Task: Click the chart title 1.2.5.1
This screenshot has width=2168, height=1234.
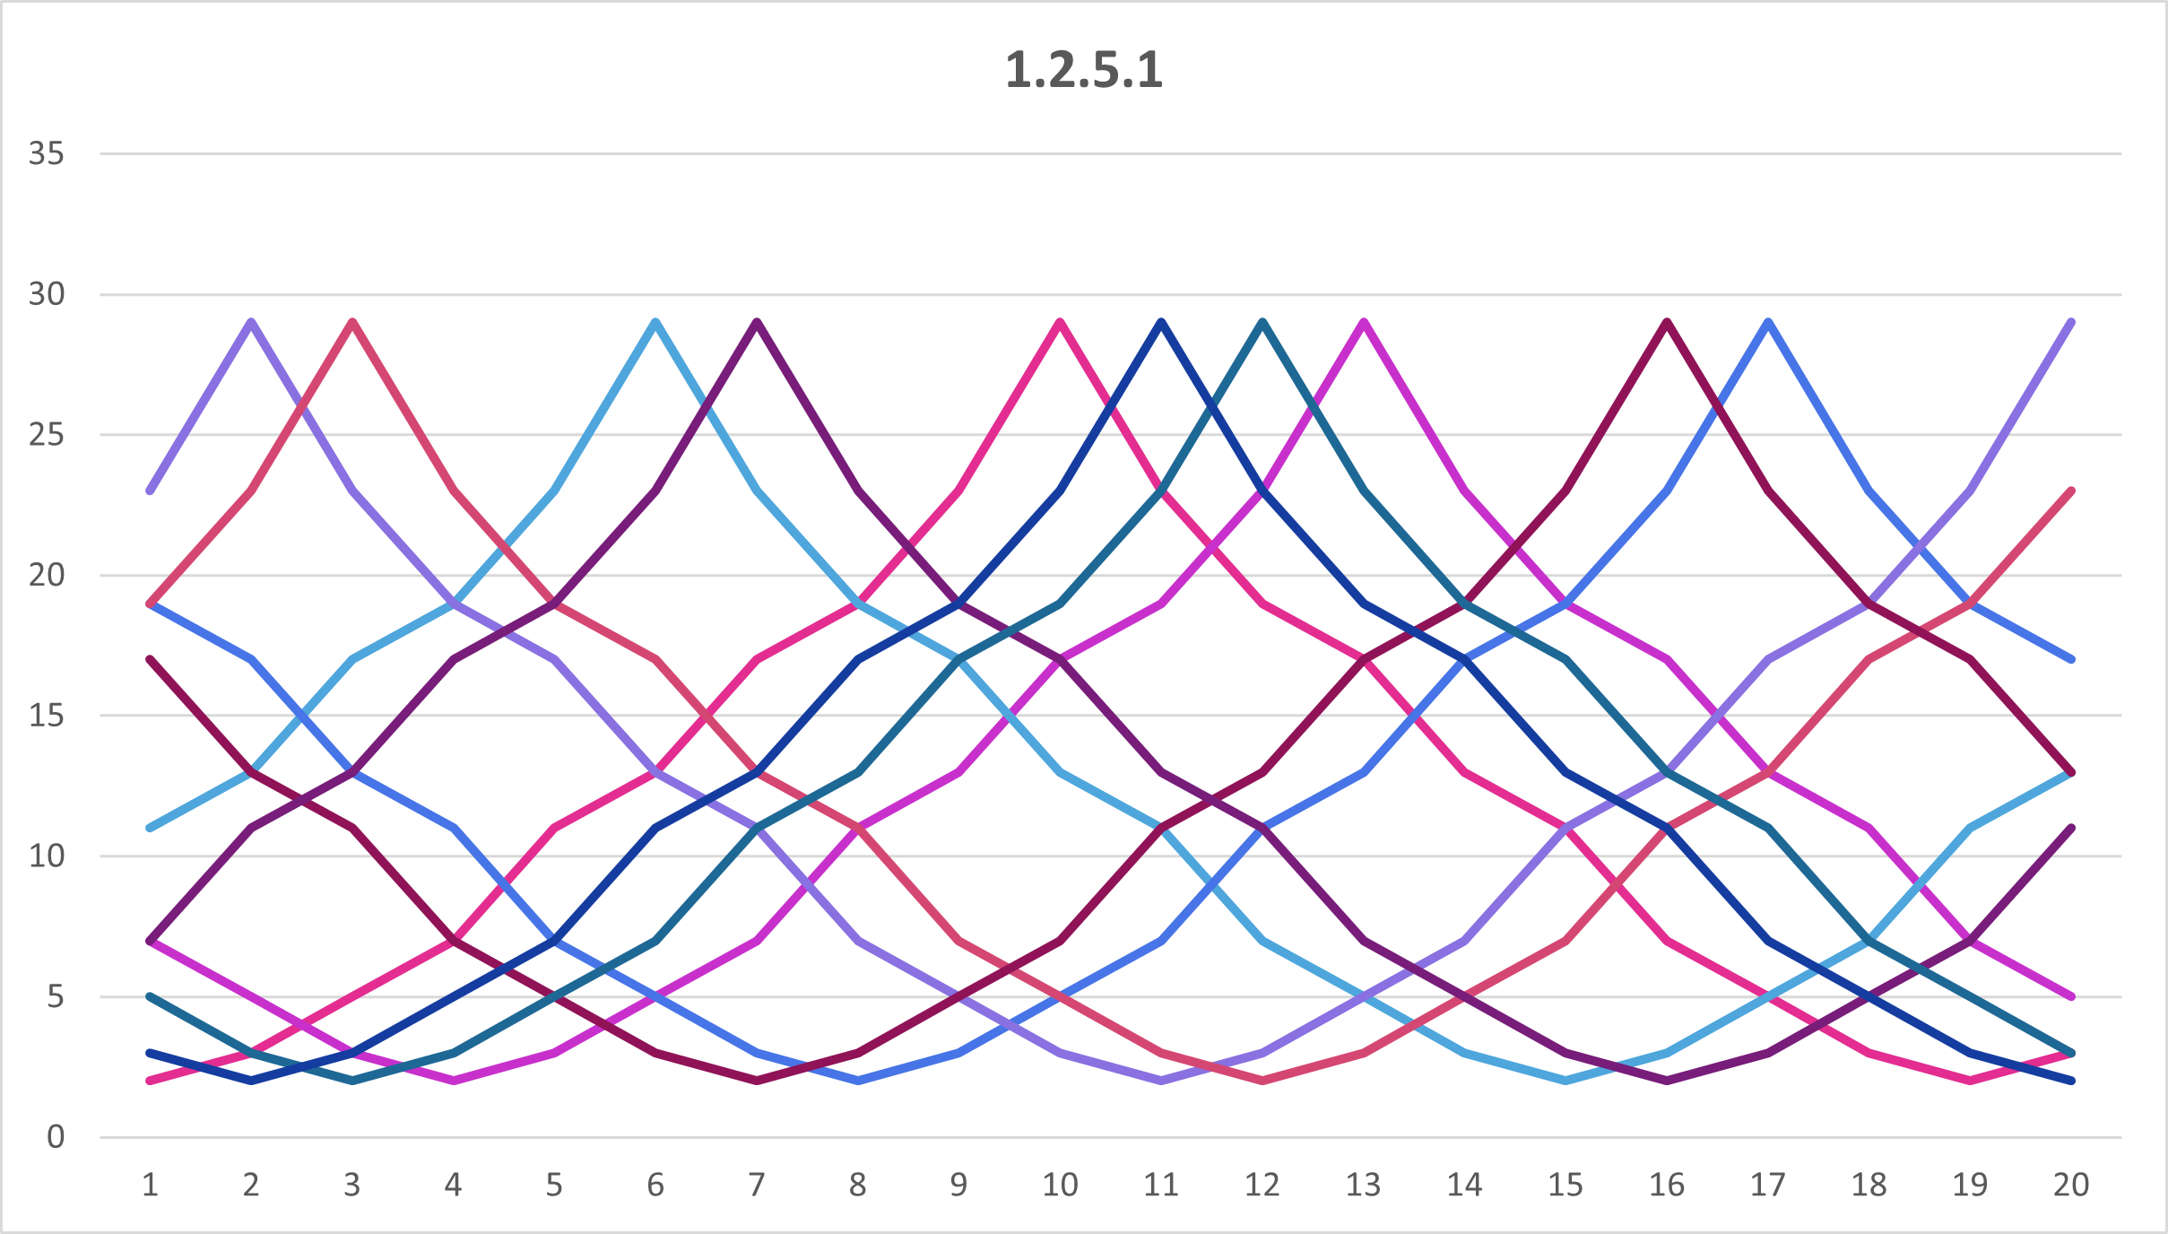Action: tap(1083, 70)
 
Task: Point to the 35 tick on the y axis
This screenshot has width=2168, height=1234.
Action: tap(47, 153)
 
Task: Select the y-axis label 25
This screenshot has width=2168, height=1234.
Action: tap(47, 435)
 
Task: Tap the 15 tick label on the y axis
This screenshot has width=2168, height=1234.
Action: tap(47, 716)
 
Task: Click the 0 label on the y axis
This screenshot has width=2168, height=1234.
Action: tap(56, 1137)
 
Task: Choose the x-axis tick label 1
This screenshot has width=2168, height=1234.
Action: tap(151, 1185)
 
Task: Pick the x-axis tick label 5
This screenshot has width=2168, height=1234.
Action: tap(555, 1185)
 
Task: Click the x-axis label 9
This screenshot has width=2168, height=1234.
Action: tap(959, 1185)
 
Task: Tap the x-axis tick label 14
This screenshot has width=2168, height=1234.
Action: tap(1464, 1185)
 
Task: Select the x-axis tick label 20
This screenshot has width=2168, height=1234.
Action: tap(2071, 1185)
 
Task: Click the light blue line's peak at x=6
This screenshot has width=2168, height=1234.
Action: tap(656, 322)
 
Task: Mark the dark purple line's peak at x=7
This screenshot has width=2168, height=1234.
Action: tap(758, 322)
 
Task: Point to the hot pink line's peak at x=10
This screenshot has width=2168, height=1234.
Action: tap(1061, 322)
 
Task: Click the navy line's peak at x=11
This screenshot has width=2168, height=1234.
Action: tap(1162, 322)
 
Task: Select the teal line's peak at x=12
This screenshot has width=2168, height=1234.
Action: tap(1262, 322)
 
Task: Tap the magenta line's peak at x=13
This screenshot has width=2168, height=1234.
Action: tap(1364, 322)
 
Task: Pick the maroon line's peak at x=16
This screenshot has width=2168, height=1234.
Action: tap(1667, 322)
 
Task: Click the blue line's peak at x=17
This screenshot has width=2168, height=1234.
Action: tap(1768, 322)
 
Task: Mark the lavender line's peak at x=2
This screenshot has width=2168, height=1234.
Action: tap(252, 322)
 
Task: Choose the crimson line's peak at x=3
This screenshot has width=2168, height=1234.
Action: tap(353, 322)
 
